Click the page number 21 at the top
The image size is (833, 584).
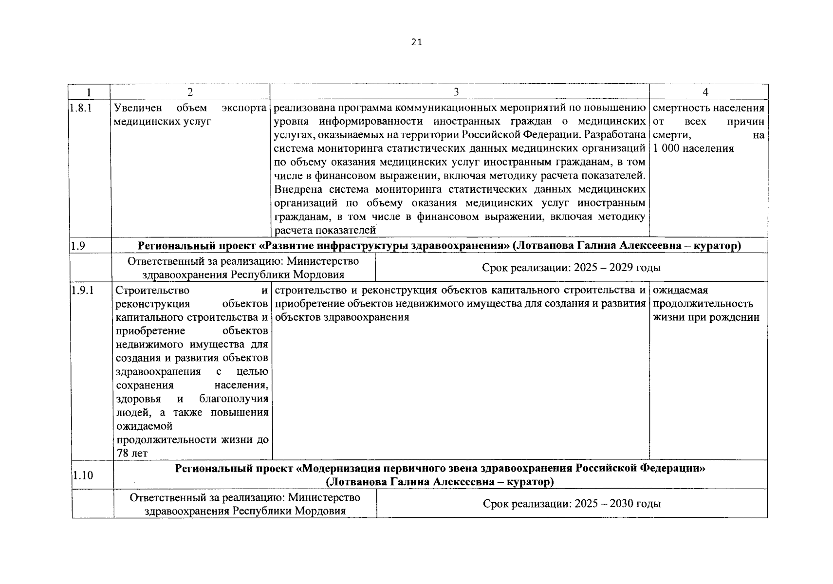point(417,42)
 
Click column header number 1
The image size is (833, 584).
point(88,92)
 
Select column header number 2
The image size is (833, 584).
point(190,92)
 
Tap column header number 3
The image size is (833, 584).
point(456,92)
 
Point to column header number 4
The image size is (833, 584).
point(705,92)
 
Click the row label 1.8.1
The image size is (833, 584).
point(81,108)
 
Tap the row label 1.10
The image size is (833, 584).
point(83,475)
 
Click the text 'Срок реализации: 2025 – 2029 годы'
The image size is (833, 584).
point(571,268)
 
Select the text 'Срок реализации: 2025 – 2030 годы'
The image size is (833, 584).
point(572,504)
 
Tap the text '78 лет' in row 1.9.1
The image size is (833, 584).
point(132,454)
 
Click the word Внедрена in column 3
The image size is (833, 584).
point(298,189)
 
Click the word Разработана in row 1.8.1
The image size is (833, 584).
point(614,135)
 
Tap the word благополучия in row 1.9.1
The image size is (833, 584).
point(234,399)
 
